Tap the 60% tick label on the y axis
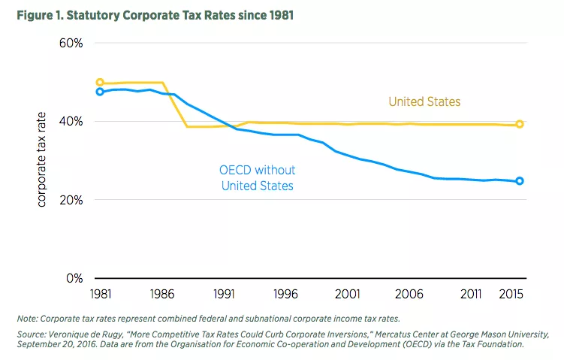coord(70,43)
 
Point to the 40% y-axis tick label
coord(70,122)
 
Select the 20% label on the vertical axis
coord(70,201)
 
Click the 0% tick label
coord(73,279)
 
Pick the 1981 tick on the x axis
coord(100,294)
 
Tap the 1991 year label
coord(225,294)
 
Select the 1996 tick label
coord(288,294)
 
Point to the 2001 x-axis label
coord(350,294)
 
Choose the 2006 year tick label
coord(412,294)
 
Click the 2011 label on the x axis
coord(475,294)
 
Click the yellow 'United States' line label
coord(424,101)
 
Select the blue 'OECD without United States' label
coord(258,177)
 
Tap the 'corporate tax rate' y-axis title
coord(43,159)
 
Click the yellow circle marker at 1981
coord(100,83)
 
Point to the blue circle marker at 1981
coord(100,92)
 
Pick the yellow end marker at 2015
coord(519,124)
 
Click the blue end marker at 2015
coord(519,181)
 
